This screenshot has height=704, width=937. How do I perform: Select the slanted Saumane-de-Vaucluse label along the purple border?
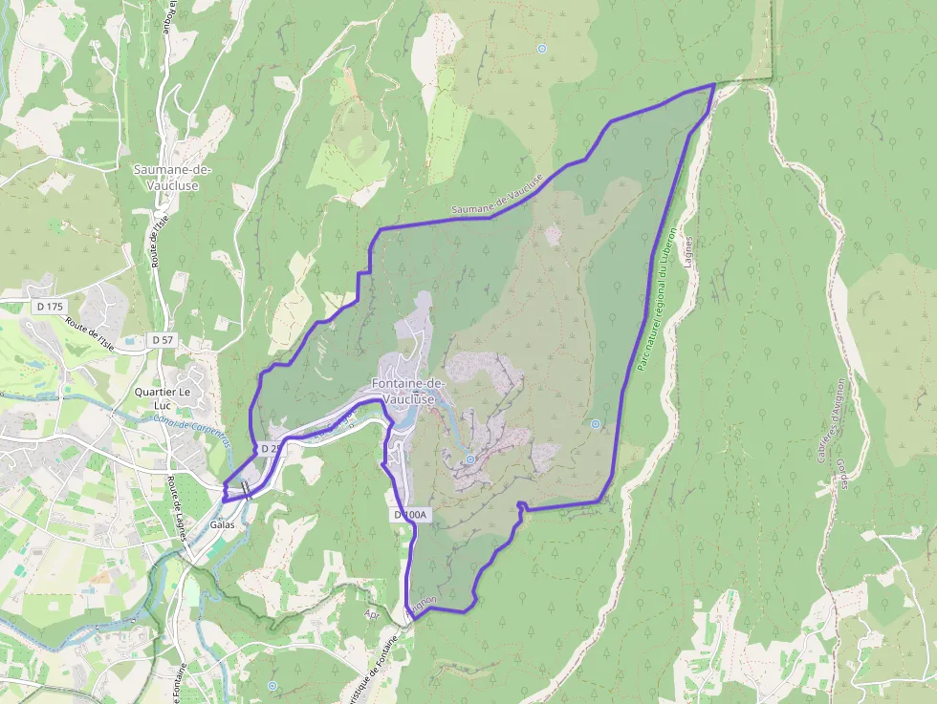tap(497, 197)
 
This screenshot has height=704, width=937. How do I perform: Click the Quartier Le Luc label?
tap(162, 398)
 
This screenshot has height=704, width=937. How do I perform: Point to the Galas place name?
tap(223, 524)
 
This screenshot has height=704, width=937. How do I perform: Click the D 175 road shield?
tap(47, 307)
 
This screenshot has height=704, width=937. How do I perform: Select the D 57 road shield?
tap(162, 340)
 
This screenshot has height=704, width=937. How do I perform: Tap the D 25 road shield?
tap(271, 448)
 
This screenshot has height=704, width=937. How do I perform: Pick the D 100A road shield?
tap(412, 515)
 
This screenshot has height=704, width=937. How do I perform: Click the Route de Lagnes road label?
tap(176, 509)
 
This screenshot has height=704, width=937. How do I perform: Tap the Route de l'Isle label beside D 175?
tap(90, 334)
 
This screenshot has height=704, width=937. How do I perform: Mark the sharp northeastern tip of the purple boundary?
tap(714, 85)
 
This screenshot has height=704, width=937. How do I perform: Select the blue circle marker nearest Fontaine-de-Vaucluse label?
tap(470, 459)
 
